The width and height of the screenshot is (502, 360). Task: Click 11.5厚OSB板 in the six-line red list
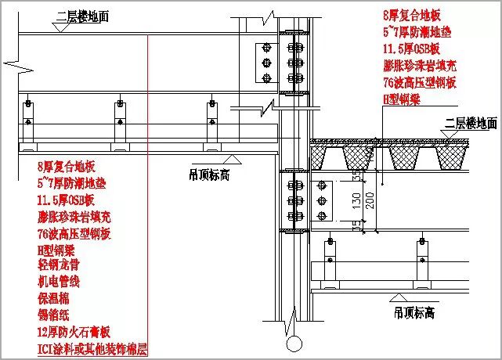pyautogui.click(x=411, y=49)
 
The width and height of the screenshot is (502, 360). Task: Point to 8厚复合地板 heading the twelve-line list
pyautogui.click(x=65, y=167)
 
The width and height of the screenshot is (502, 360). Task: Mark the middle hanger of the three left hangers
pyautogui.click(x=120, y=121)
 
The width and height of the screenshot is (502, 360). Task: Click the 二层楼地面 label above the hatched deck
pyautogui.click(x=471, y=123)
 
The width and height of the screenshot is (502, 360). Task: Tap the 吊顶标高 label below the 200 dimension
pyautogui.click(x=415, y=312)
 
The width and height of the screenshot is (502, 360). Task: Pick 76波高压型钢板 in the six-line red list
pyautogui.click(x=419, y=82)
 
